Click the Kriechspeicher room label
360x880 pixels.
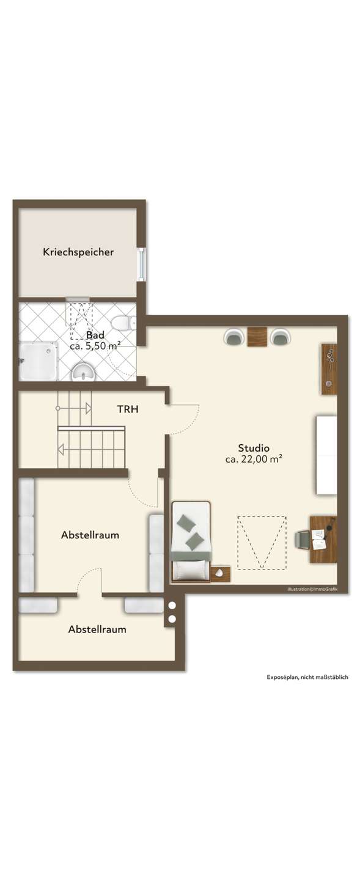click(78, 252)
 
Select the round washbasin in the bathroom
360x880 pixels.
click(83, 372)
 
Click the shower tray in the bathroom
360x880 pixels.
click(39, 361)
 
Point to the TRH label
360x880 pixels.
click(128, 409)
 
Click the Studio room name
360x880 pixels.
click(254, 447)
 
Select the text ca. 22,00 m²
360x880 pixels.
click(254, 459)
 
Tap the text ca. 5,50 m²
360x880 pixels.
click(95, 346)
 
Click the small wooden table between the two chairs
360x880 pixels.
click(257, 337)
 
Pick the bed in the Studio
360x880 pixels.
click(191, 541)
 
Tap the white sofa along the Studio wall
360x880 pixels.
click(326, 455)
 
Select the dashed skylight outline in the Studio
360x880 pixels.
click(262, 543)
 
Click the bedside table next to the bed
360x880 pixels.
click(221, 574)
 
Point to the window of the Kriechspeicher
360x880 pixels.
click(141, 264)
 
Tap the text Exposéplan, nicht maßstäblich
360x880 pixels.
click(307, 677)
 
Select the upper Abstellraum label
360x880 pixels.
click(90, 535)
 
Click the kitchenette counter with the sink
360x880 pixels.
click(329, 369)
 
